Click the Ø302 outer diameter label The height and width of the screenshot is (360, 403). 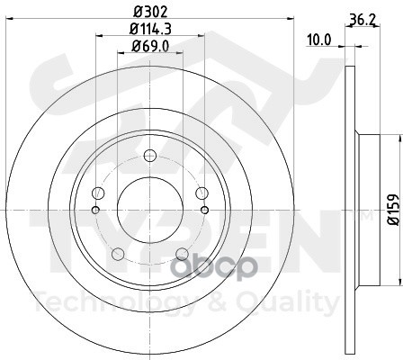pyautogui.click(x=150, y=12)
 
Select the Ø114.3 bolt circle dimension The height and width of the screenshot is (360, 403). pyautogui.click(x=150, y=29)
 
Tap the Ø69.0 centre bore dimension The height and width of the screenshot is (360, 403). pyautogui.click(x=150, y=46)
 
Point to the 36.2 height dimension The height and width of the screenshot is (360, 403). pyautogui.click(x=363, y=20)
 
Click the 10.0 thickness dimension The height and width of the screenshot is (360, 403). pyautogui.click(x=318, y=40)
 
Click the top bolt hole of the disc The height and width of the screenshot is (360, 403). pyautogui.click(x=150, y=156)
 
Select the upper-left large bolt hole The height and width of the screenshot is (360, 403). pyautogui.click(x=98, y=193)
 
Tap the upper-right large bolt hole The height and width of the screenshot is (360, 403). pyautogui.click(x=201, y=193)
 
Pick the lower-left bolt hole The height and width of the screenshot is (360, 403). pyautogui.click(x=118, y=254)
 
